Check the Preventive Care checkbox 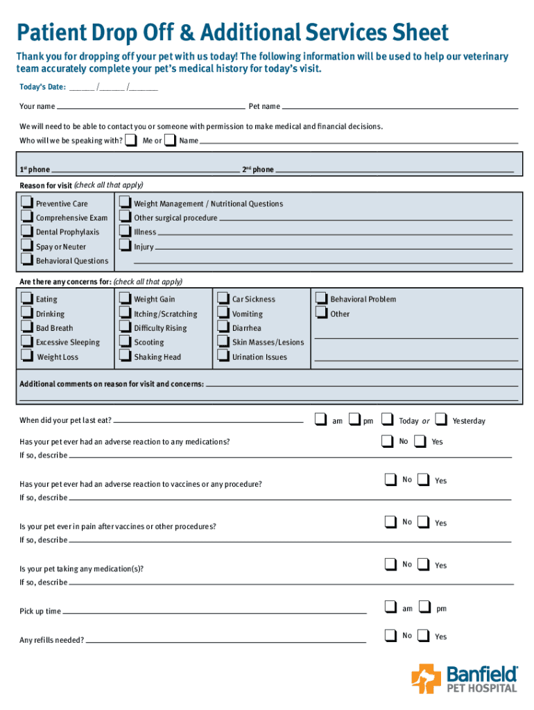pos(26,202)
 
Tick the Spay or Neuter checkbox pos(26,245)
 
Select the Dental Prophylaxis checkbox pos(26,231)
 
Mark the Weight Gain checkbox pos(124,298)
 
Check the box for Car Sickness pos(223,298)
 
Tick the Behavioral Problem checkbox pos(320,298)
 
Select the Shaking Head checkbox pos(124,356)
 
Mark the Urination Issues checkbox pos(223,356)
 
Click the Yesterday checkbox pos(440,419)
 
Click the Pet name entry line pos(400,108)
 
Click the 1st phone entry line pos(145,170)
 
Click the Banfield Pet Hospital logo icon pos(426,678)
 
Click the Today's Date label pos(42,87)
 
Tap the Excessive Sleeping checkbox pos(26,341)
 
